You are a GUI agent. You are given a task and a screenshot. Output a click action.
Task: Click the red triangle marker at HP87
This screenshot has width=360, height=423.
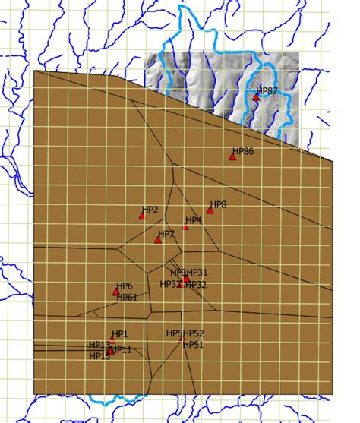(257, 97)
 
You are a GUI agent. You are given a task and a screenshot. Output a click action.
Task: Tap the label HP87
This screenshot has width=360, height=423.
(267, 91)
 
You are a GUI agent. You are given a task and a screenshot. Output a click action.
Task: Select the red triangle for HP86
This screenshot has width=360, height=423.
(232, 157)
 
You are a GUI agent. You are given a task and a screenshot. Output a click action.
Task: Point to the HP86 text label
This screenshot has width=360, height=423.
(243, 152)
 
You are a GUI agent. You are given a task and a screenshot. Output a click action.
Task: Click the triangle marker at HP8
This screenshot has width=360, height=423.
(210, 210)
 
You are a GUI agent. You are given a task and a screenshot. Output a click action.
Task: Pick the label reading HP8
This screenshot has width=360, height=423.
(218, 204)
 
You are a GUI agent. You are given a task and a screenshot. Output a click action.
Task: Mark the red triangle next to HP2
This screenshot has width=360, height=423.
(141, 216)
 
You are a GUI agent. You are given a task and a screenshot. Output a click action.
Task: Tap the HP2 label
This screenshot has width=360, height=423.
(150, 210)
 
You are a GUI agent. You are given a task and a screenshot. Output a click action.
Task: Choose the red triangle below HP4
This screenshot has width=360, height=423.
(185, 226)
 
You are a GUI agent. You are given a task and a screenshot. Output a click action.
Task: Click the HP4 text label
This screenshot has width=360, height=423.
(194, 220)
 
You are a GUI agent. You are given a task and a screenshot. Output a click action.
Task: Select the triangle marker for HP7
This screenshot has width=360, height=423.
(158, 240)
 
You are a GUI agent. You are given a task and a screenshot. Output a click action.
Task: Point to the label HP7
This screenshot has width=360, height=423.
(166, 234)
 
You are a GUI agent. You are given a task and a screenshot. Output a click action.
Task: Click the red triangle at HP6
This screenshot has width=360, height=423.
(116, 292)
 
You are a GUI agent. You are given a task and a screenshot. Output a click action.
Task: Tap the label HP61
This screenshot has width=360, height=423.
(126, 298)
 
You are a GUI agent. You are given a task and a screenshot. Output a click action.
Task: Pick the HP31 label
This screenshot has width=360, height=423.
(197, 273)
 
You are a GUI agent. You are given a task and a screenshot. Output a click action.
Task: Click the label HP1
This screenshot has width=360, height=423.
(120, 334)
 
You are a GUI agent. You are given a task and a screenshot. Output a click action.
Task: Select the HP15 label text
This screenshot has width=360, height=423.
(99, 356)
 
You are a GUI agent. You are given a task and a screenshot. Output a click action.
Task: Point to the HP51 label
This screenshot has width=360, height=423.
(194, 344)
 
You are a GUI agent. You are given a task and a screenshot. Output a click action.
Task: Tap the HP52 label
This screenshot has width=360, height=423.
(194, 333)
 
